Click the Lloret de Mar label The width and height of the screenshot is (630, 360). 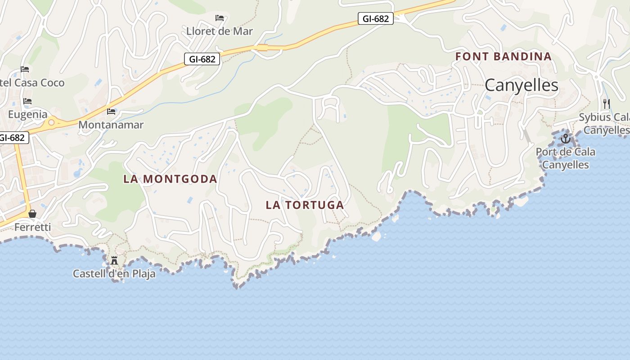(220, 31)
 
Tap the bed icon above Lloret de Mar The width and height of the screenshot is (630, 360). (220, 18)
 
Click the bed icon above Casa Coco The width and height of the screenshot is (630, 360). (25, 69)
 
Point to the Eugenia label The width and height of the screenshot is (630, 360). (27, 114)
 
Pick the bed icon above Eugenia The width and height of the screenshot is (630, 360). (27, 101)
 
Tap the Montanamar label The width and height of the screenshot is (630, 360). (111, 125)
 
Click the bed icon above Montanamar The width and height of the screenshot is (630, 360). (111, 112)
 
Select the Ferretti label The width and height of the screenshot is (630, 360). (32, 227)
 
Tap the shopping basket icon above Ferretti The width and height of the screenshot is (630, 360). (32, 214)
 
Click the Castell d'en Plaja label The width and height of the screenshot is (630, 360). (114, 273)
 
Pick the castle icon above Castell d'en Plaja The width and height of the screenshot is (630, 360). (114, 260)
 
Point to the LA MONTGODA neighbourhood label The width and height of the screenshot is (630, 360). (170, 179)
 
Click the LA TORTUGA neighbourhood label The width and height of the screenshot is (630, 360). (305, 205)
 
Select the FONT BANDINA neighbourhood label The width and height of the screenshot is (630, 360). (503, 56)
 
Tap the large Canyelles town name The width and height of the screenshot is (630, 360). (522, 85)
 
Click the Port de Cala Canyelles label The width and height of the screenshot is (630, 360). (565, 158)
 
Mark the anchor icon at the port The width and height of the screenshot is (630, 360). (566, 139)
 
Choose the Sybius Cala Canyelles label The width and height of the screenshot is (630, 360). (604, 123)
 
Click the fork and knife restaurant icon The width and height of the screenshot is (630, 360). (606, 104)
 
